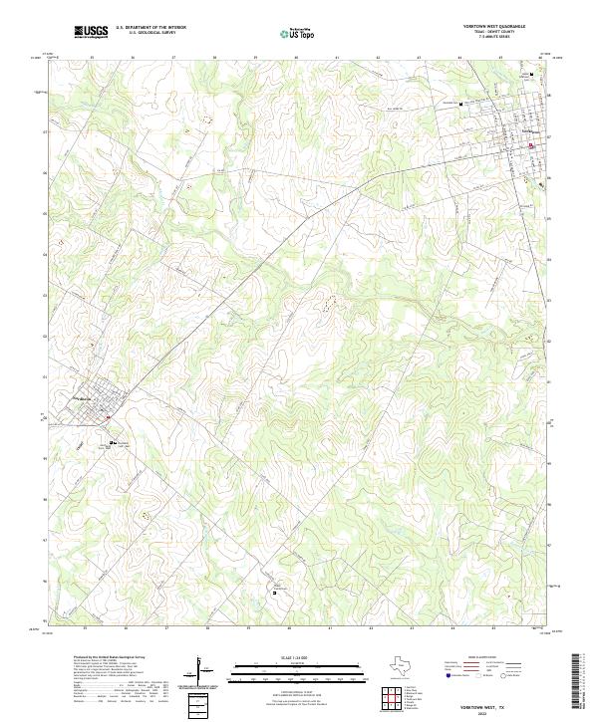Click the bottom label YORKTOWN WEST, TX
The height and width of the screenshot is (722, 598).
(488, 703)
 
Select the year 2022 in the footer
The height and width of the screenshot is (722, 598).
(488, 711)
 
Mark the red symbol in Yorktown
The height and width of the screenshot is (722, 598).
(531, 145)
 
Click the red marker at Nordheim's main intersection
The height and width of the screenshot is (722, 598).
(109, 418)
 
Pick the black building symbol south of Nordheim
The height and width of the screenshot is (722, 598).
(113, 442)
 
